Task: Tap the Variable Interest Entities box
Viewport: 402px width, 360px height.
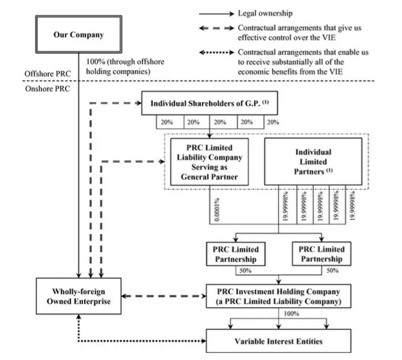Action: pos(279,341)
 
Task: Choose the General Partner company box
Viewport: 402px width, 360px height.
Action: pos(209,161)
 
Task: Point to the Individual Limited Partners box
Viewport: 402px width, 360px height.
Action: pos(313,161)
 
